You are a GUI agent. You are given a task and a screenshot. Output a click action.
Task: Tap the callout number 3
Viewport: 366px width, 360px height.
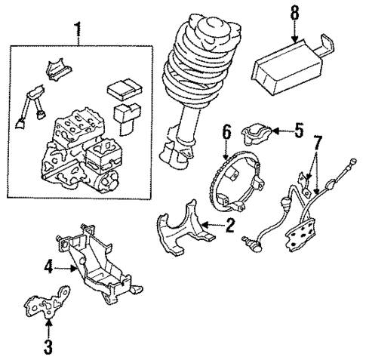pyautogui.click(x=48, y=348)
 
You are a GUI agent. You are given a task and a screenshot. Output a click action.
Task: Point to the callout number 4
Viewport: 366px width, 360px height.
pyautogui.click(x=48, y=265)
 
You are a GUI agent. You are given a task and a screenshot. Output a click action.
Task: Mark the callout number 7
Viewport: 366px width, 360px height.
pyautogui.click(x=318, y=141)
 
